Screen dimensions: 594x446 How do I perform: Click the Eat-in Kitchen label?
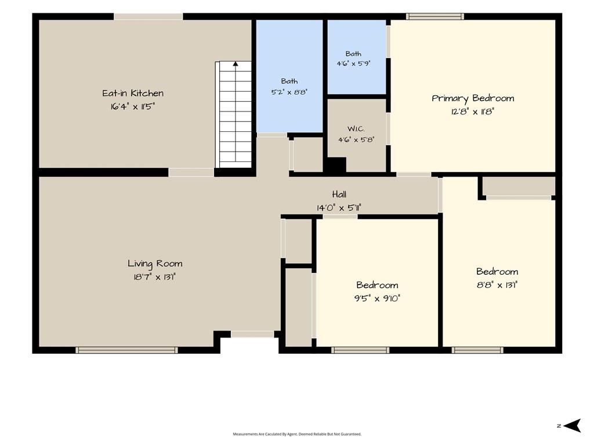(133, 93)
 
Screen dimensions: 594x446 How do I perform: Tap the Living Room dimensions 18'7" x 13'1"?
(154, 277)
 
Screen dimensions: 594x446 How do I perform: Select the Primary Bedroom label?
(473, 99)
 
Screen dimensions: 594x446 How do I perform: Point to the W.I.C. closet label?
(356, 129)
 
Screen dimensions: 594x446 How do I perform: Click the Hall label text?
(339, 195)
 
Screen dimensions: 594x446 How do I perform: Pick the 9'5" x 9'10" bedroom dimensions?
(377, 298)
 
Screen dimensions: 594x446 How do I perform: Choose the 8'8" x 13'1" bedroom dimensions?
(497, 285)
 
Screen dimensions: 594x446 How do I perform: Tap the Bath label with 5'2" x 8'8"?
(289, 81)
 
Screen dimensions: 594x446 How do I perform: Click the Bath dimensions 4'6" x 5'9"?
(353, 64)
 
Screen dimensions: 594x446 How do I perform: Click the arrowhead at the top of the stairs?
(236, 64)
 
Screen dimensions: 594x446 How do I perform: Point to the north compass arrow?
(572, 426)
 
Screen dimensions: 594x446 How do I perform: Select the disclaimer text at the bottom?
(297, 434)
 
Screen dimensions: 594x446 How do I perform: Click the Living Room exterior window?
(126, 350)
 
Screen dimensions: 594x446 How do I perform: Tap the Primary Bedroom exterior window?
(435, 16)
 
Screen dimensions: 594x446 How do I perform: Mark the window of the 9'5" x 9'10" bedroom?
(360, 350)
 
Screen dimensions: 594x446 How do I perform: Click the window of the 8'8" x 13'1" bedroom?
(477, 350)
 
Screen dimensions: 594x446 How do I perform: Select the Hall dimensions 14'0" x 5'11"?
(339, 208)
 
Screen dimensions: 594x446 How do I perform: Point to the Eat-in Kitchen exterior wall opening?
(148, 16)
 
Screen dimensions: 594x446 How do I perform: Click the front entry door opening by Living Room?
(252, 334)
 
